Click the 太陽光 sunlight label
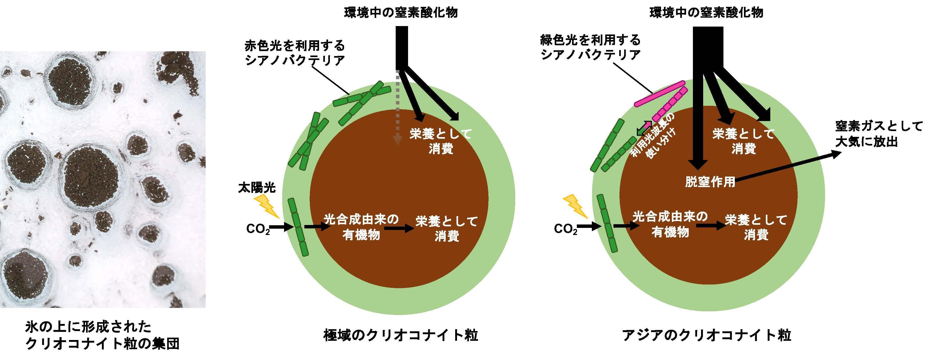click(x=257, y=188)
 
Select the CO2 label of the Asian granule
click(x=566, y=229)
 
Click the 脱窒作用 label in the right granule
click(x=710, y=182)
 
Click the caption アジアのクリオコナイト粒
click(x=706, y=335)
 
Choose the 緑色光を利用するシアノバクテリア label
click(x=590, y=47)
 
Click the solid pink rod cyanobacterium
click(x=659, y=94)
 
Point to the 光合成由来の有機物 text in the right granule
click(x=670, y=224)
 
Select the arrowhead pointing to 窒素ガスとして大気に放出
click(x=836, y=154)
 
